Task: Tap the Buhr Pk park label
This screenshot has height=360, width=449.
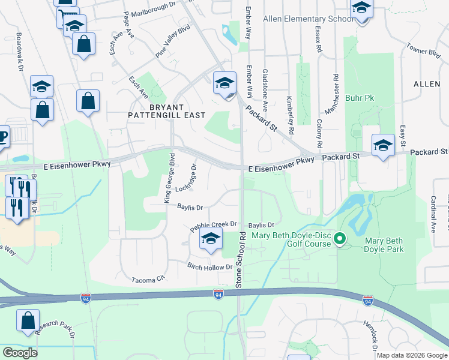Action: [360, 97]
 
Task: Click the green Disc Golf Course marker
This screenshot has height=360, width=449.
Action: [340, 239]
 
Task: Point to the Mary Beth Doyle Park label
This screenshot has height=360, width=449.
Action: [384, 245]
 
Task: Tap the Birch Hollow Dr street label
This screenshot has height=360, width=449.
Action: [209, 267]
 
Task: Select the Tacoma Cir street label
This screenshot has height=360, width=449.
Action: [148, 280]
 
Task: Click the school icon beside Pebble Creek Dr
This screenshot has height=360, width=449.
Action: [211, 239]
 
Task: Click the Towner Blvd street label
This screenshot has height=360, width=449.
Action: [423, 49]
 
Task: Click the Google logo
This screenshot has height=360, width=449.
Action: [19, 352]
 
